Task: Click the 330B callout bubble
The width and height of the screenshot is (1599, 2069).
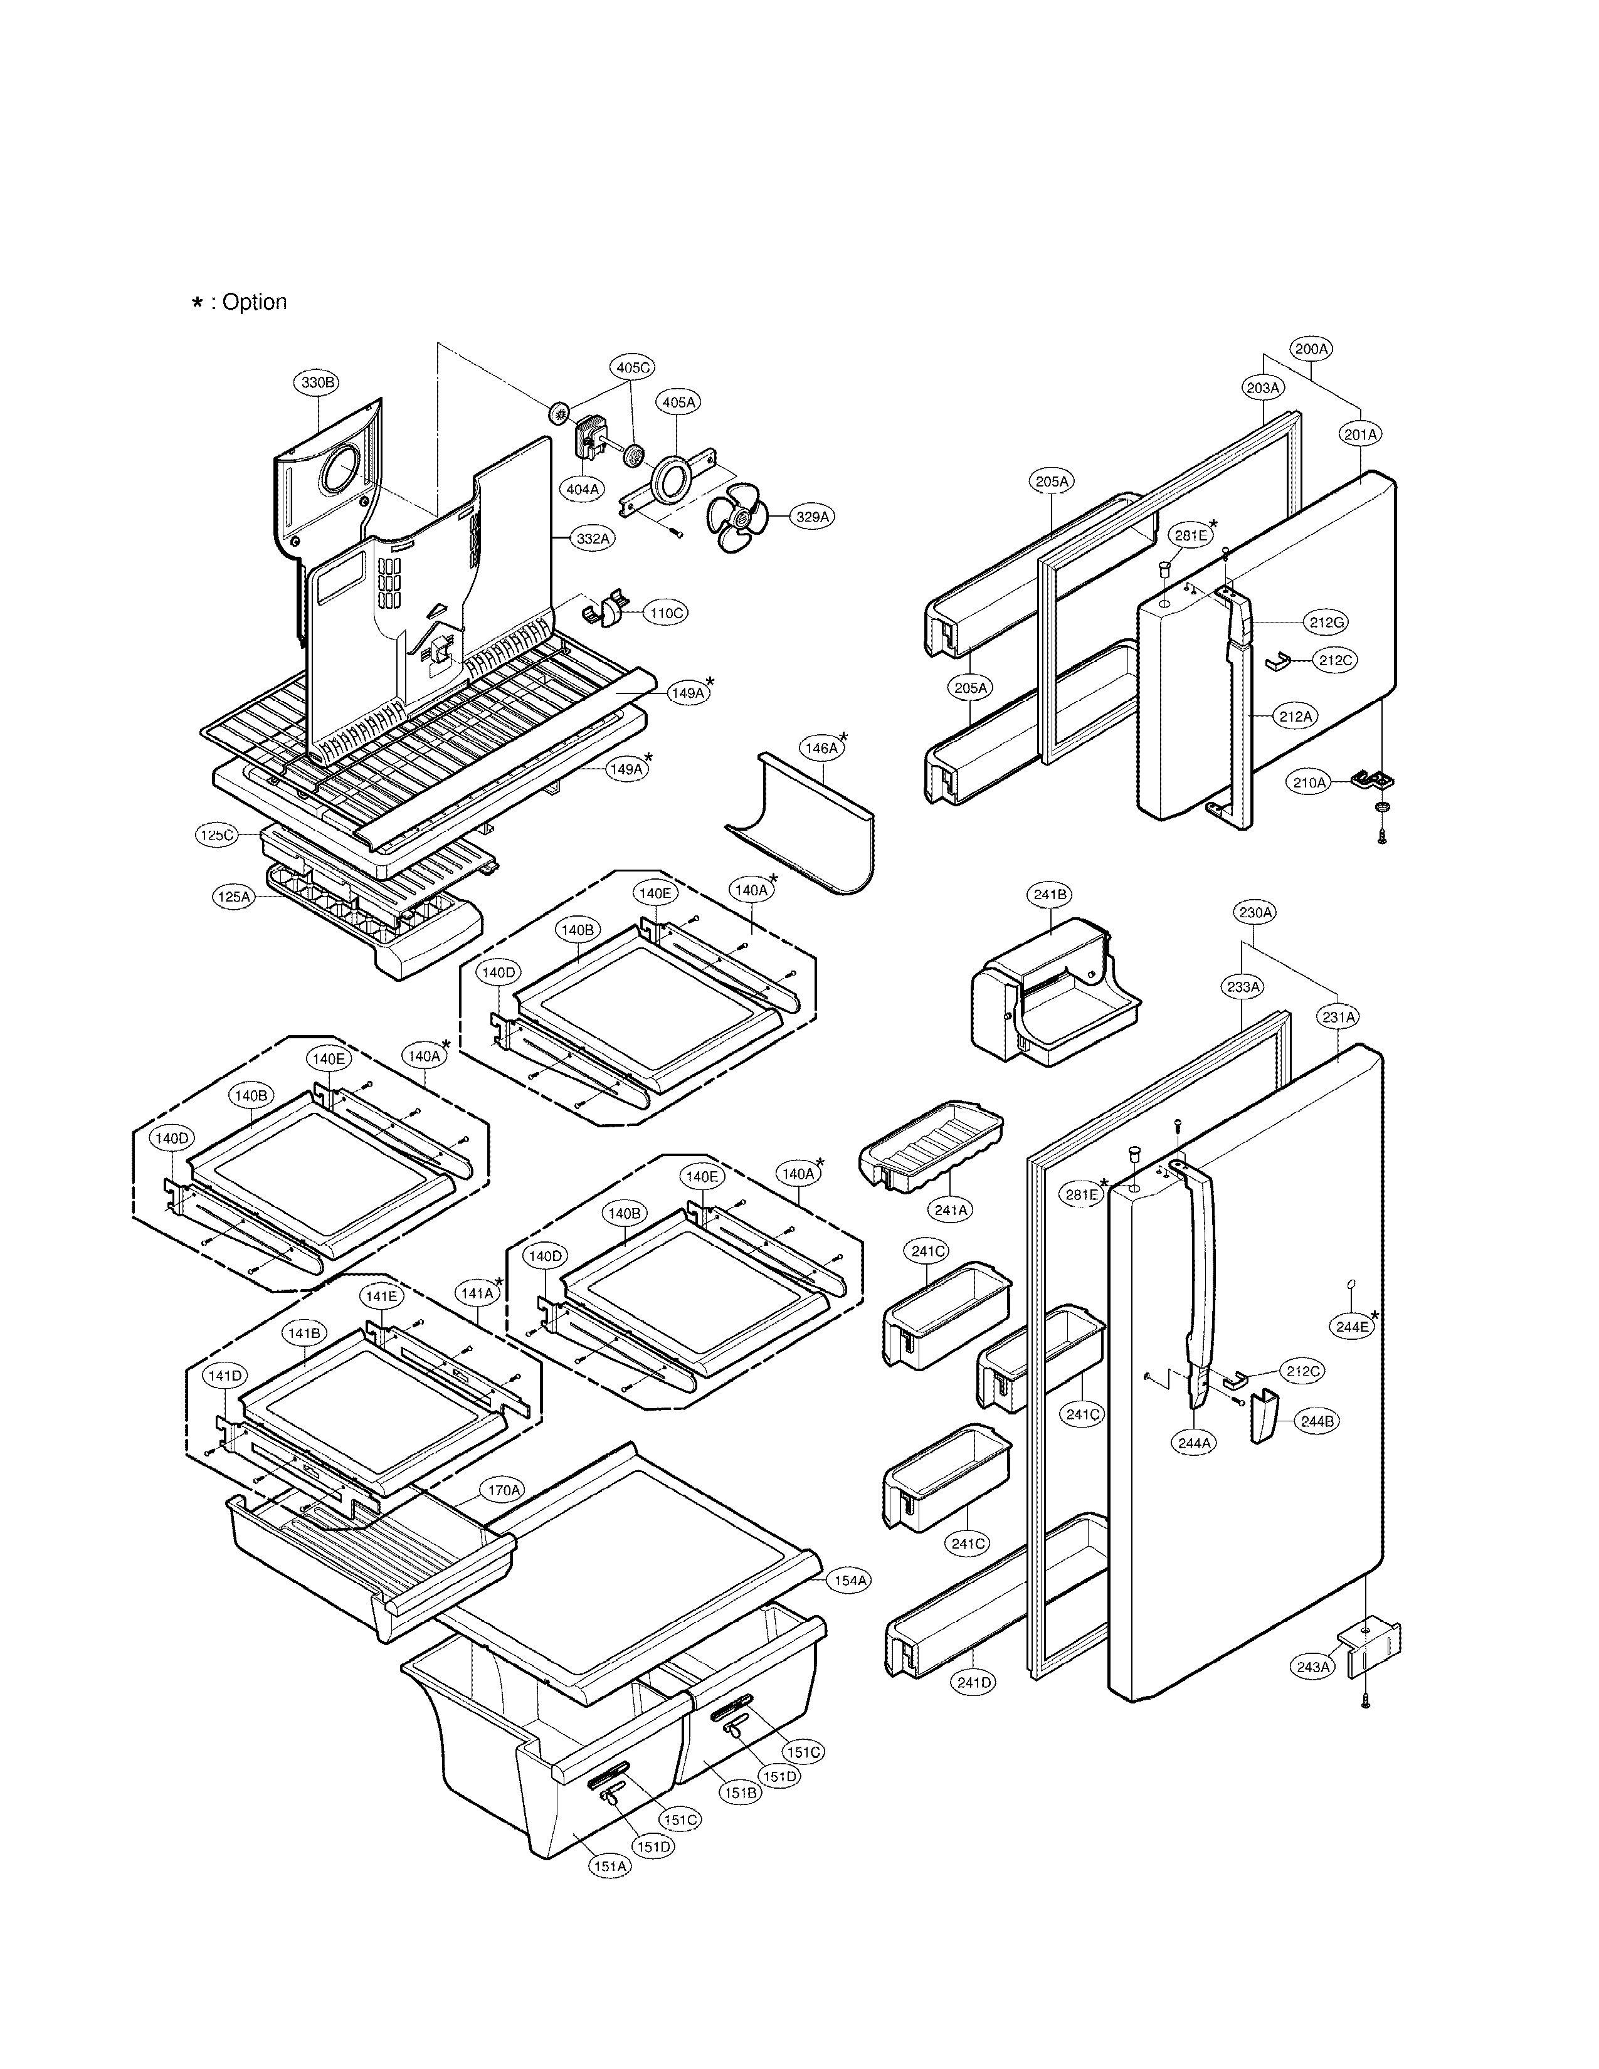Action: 317,382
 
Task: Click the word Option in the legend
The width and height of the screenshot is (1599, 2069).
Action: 254,302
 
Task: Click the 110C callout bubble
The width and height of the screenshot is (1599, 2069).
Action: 666,613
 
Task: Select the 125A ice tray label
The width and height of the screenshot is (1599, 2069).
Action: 234,896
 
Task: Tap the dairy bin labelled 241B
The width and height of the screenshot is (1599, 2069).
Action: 1052,995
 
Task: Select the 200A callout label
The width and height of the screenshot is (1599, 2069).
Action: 1312,349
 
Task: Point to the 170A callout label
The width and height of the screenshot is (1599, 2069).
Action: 503,1490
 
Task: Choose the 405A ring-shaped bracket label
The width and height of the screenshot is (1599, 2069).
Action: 678,403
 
